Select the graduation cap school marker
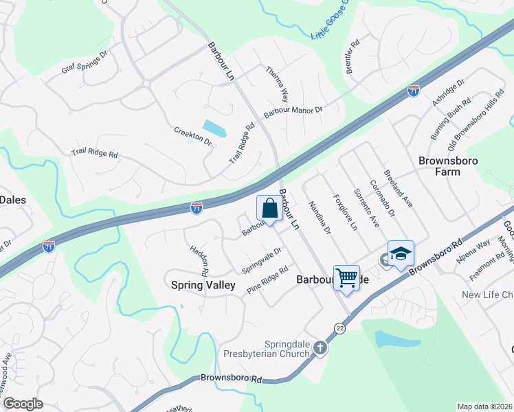[x=401, y=255]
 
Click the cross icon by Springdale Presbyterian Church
[x=320, y=347]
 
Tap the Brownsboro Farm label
[x=449, y=165]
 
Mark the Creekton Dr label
[x=192, y=135]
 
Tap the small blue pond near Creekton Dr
[x=214, y=128]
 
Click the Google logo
[x=23, y=404]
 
